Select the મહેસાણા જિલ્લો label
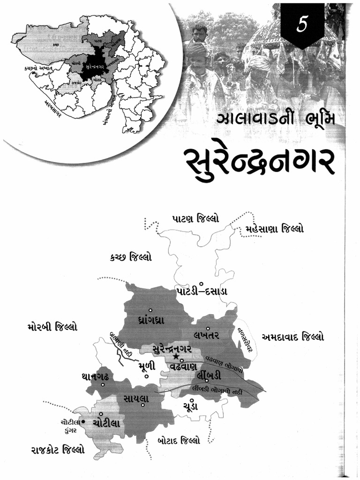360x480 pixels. pyautogui.click(x=274, y=229)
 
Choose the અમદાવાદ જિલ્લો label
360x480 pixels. pyautogui.click(x=292, y=337)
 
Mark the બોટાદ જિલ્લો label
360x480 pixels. pyautogui.click(x=179, y=441)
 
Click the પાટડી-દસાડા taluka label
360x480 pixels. pyautogui.click(x=202, y=291)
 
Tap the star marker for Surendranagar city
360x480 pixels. pyautogui.click(x=176, y=358)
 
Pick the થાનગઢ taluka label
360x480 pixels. pyautogui.click(x=98, y=377)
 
